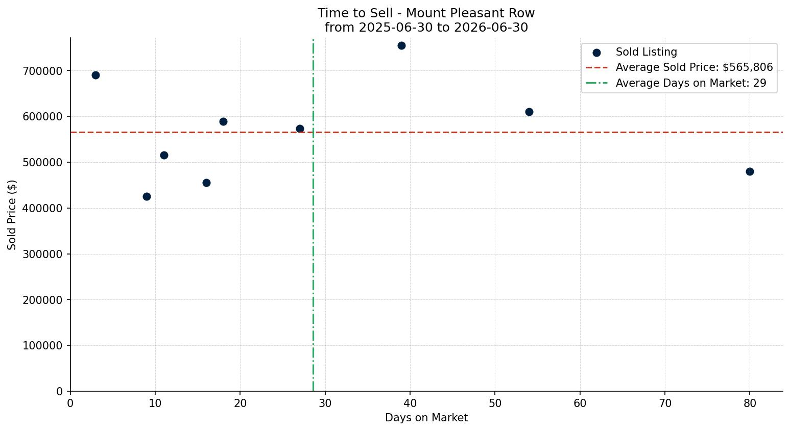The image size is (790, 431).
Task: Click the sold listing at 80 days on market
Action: [750, 171]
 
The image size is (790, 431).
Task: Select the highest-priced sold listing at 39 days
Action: [401, 45]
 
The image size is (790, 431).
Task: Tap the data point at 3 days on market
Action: [95, 75]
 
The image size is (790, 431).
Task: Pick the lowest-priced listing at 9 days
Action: [147, 196]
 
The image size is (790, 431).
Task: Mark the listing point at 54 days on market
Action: [529, 112]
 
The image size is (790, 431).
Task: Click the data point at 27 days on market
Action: [300, 129]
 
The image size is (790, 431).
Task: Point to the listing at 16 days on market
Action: [206, 183]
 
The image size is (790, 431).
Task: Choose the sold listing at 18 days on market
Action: [223, 121]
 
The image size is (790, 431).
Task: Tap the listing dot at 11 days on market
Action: [164, 155]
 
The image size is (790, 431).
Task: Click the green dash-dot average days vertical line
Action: [313, 215]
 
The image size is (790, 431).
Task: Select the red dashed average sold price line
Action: [427, 133]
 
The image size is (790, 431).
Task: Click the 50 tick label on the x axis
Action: [495, 403]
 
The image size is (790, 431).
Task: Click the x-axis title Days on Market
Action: [426, 418]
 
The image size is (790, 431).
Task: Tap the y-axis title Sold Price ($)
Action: [12, 215]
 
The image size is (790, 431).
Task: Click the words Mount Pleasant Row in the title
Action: [470, 13]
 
